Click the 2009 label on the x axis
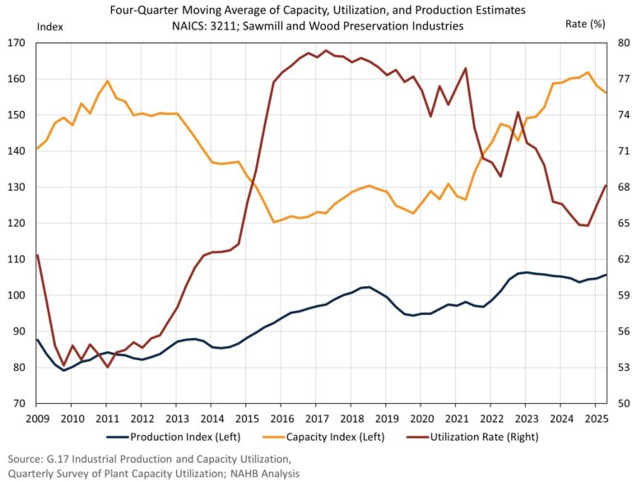[36, 418]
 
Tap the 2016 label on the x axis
[281, 418]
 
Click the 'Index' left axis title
[50, 25]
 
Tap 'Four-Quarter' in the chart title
[146, 10]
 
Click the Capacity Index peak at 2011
[108, 81]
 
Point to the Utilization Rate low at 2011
[108, 367]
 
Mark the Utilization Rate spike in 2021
[466, 68]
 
